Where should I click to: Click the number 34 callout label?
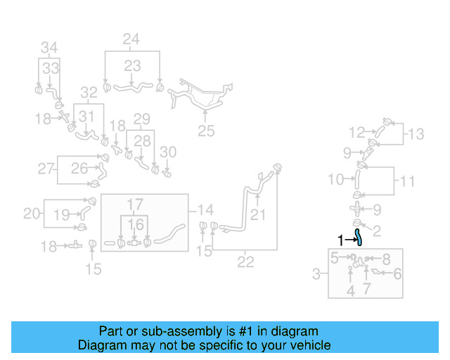pos(49,48)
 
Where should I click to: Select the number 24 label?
pos(131,39)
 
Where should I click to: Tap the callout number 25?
pos(205,130)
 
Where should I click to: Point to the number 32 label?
pos(89,92)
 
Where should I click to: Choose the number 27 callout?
pos(46,169)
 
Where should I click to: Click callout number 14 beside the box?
pos(205,209)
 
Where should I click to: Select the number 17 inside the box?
pos(135,205)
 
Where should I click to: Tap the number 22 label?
pos(245,264)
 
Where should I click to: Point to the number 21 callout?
pos(258,214)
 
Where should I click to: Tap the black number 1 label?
pos(341,240)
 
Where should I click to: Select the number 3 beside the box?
pos(317,272)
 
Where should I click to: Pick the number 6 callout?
pos(397,274)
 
